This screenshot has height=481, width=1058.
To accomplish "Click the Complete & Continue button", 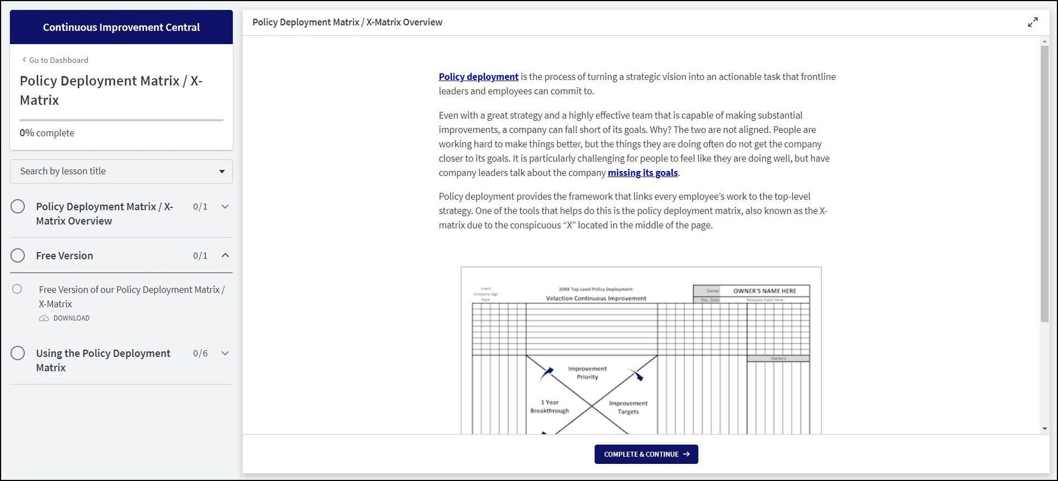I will click(646, 454).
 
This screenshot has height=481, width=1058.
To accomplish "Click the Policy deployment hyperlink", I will click(478, 76).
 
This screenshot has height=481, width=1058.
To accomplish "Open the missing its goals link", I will click(642, 172).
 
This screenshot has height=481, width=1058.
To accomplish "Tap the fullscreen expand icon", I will click(1033, 22).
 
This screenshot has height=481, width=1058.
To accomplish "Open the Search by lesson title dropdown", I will click(121, 171).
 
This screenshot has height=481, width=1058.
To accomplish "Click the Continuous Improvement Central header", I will click(121, 27).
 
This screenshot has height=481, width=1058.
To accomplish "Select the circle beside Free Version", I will click(18, 255).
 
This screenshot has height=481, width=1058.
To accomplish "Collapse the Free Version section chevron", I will click(225, 255).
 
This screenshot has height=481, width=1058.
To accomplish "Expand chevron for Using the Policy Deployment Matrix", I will click(225, 353).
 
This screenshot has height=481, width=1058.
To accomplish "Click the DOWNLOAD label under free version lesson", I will click(71, 318).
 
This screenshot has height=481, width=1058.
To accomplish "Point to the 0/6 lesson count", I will click(200, 353).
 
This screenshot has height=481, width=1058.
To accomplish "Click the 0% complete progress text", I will click(47, 133).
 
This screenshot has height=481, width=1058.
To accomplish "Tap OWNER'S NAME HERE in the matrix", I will click(764, 290).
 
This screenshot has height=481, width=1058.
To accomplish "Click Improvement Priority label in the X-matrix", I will click(587, 373).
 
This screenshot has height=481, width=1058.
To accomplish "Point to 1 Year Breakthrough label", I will click(550, 406).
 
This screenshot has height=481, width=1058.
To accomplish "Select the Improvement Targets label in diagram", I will click(628, 407).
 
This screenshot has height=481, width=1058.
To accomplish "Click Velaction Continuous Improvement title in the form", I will click(595, 298).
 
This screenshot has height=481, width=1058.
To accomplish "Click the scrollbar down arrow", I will click(1044, 429).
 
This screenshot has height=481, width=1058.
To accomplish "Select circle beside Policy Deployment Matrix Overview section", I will click(18, 206).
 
